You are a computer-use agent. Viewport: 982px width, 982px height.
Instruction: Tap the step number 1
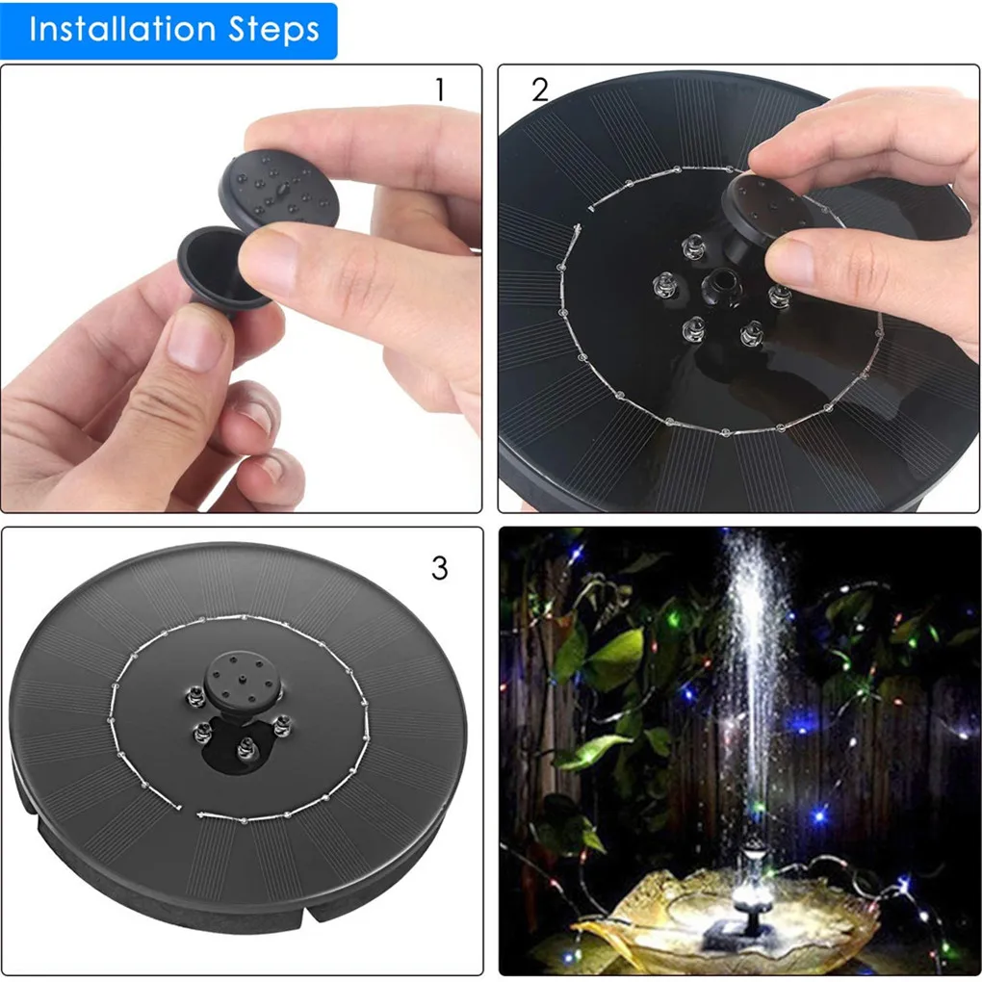(440, 90)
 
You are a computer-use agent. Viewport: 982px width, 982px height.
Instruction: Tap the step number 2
(540, 90)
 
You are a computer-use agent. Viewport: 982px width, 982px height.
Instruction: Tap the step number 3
(439, 569)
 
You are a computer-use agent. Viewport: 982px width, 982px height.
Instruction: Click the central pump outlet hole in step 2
(717, 282)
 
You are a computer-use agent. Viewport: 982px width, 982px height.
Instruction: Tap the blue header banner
(169, 31)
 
